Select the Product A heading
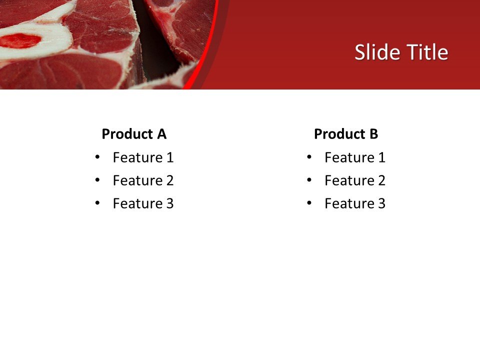click(x=133, y=134)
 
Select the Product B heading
click(x=345, y=134)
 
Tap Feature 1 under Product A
click(x=143, y=157)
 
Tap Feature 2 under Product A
click(x=143, y=180)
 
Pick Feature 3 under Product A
click(x=143, y=203)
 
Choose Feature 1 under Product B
click(x=354, y=157)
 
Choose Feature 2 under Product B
click(x=354, y=180)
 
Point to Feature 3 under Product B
click(x=354, y=203)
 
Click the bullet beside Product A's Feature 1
click(x=97, y=157)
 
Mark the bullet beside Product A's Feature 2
click(x=97, y=180)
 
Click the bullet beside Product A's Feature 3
click(x=97, y=203)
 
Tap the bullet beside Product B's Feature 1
click(x=309, y=157)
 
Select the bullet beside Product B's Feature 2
click(x=309, y=180)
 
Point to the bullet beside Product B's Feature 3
click(x=309, y=203)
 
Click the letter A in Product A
click(x=161, y=134)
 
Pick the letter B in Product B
click(x=373, y=134)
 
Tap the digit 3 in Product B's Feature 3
click(x=381, y=203)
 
